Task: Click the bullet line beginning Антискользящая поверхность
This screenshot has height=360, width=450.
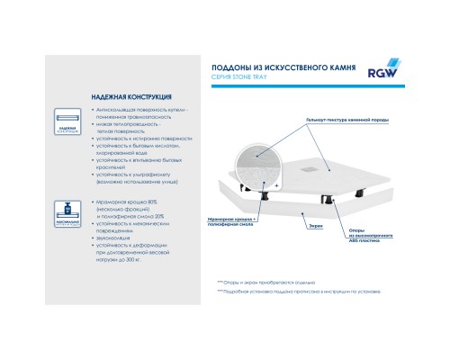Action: point(148,108)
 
